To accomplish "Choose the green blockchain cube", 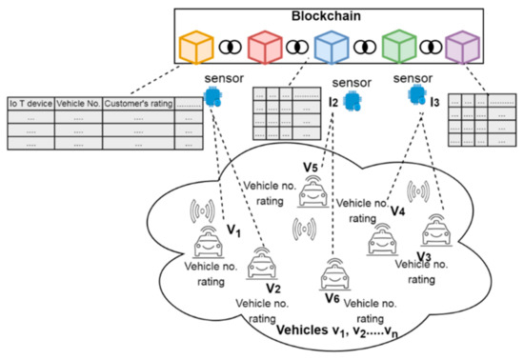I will coord(398,48).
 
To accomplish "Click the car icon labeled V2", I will coord(257,266).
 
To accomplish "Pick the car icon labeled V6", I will coord(333,276).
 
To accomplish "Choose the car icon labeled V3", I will coord(436,231).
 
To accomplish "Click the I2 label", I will coord(334,101).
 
